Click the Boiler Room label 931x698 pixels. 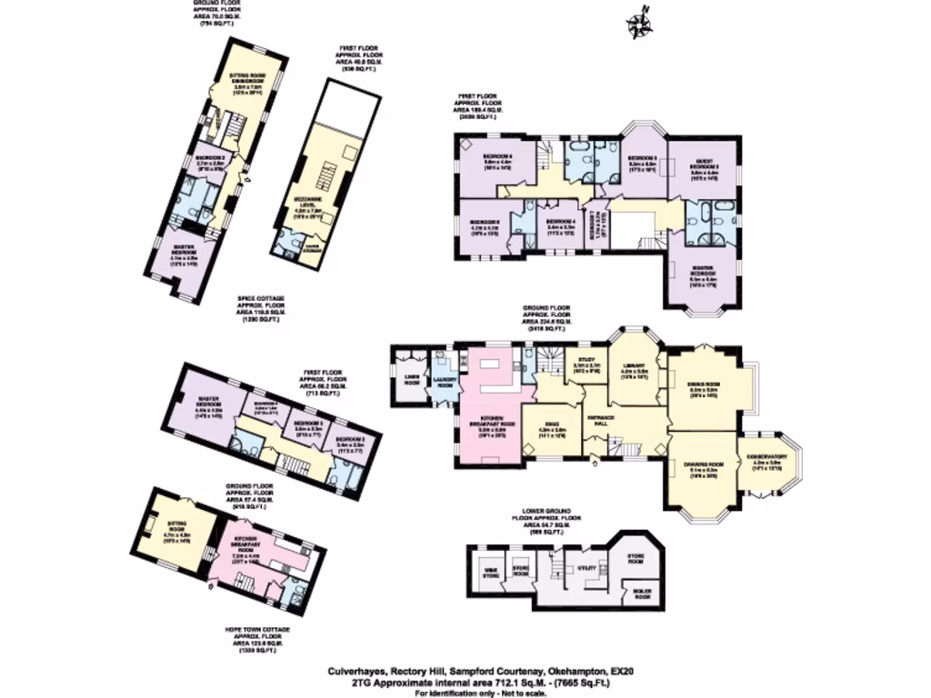[x=642, y=596]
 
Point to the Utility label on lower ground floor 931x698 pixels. [x=586, y=567]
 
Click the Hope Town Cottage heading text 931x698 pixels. [x=258, y=628]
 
